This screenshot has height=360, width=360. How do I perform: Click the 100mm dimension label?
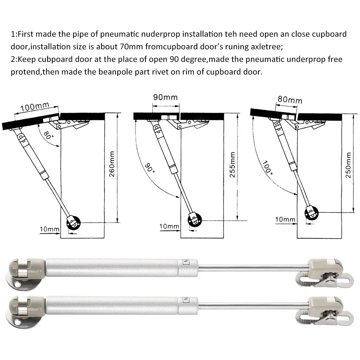pos(35,107)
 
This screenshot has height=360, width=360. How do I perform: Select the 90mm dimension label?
pos(165,98)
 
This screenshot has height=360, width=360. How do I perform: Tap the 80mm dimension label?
pos(290,100)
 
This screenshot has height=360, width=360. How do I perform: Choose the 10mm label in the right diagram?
pos(285,219)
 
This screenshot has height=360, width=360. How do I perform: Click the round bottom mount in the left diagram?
pos(74,223)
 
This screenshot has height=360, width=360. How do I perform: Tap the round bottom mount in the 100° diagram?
pos(311,212)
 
